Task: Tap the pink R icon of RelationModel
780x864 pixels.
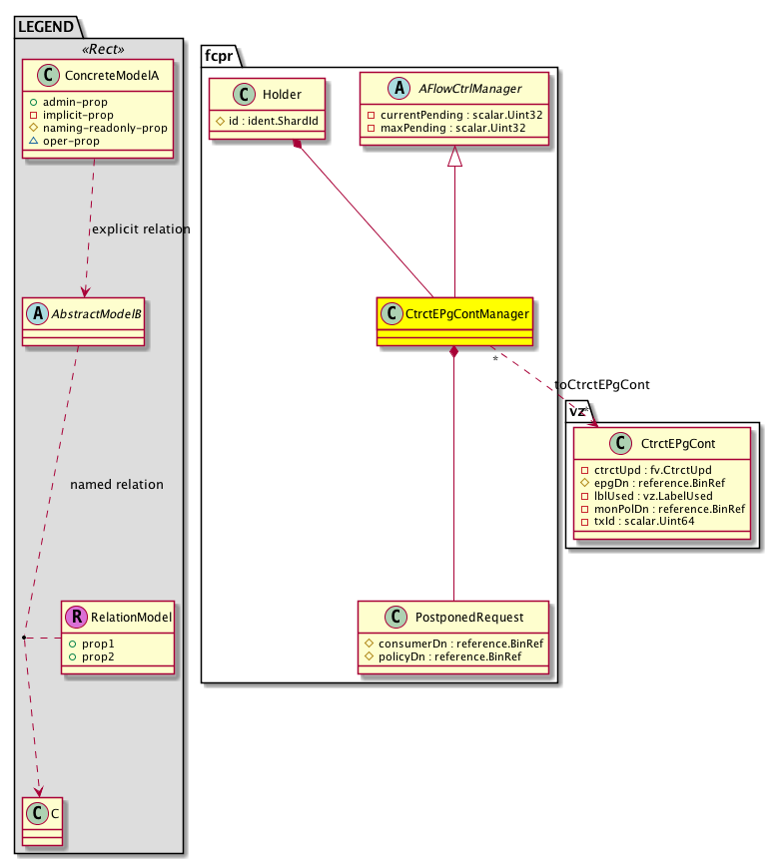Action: [x=76, y=618]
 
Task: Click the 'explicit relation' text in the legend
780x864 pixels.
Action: [x=140, y=229]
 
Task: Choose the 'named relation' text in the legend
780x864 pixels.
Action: [x=117, y=485]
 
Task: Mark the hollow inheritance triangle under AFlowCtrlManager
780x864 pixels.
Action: [x=454, y=157]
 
